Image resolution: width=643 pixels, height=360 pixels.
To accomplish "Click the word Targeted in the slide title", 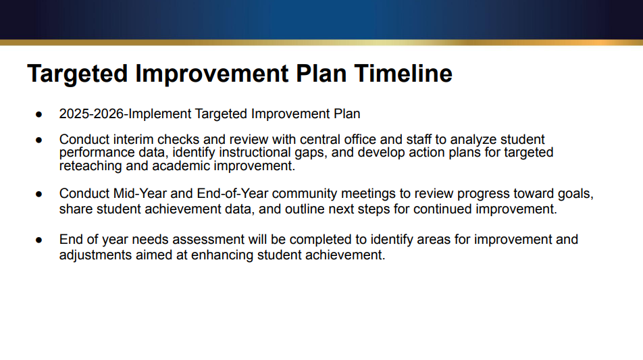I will click(x=78, y=74).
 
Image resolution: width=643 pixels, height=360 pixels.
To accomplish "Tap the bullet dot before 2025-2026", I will click(x=39, y=113).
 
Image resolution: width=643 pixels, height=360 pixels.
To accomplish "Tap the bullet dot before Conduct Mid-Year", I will click(x=39, y=194).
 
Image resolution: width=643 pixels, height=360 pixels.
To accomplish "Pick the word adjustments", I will click(x=95, y=255).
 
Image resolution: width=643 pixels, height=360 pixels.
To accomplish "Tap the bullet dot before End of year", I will click(x=39, y=240).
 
